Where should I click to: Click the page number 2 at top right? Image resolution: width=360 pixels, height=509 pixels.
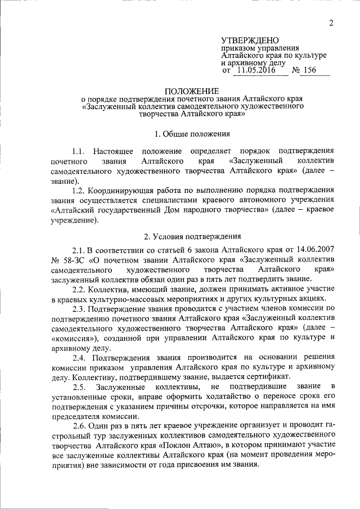(x=331, y=23)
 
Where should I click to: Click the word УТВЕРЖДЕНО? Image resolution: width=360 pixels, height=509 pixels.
(x=250, y=41)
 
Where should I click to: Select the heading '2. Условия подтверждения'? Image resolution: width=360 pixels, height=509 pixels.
(x=193, y=236)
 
